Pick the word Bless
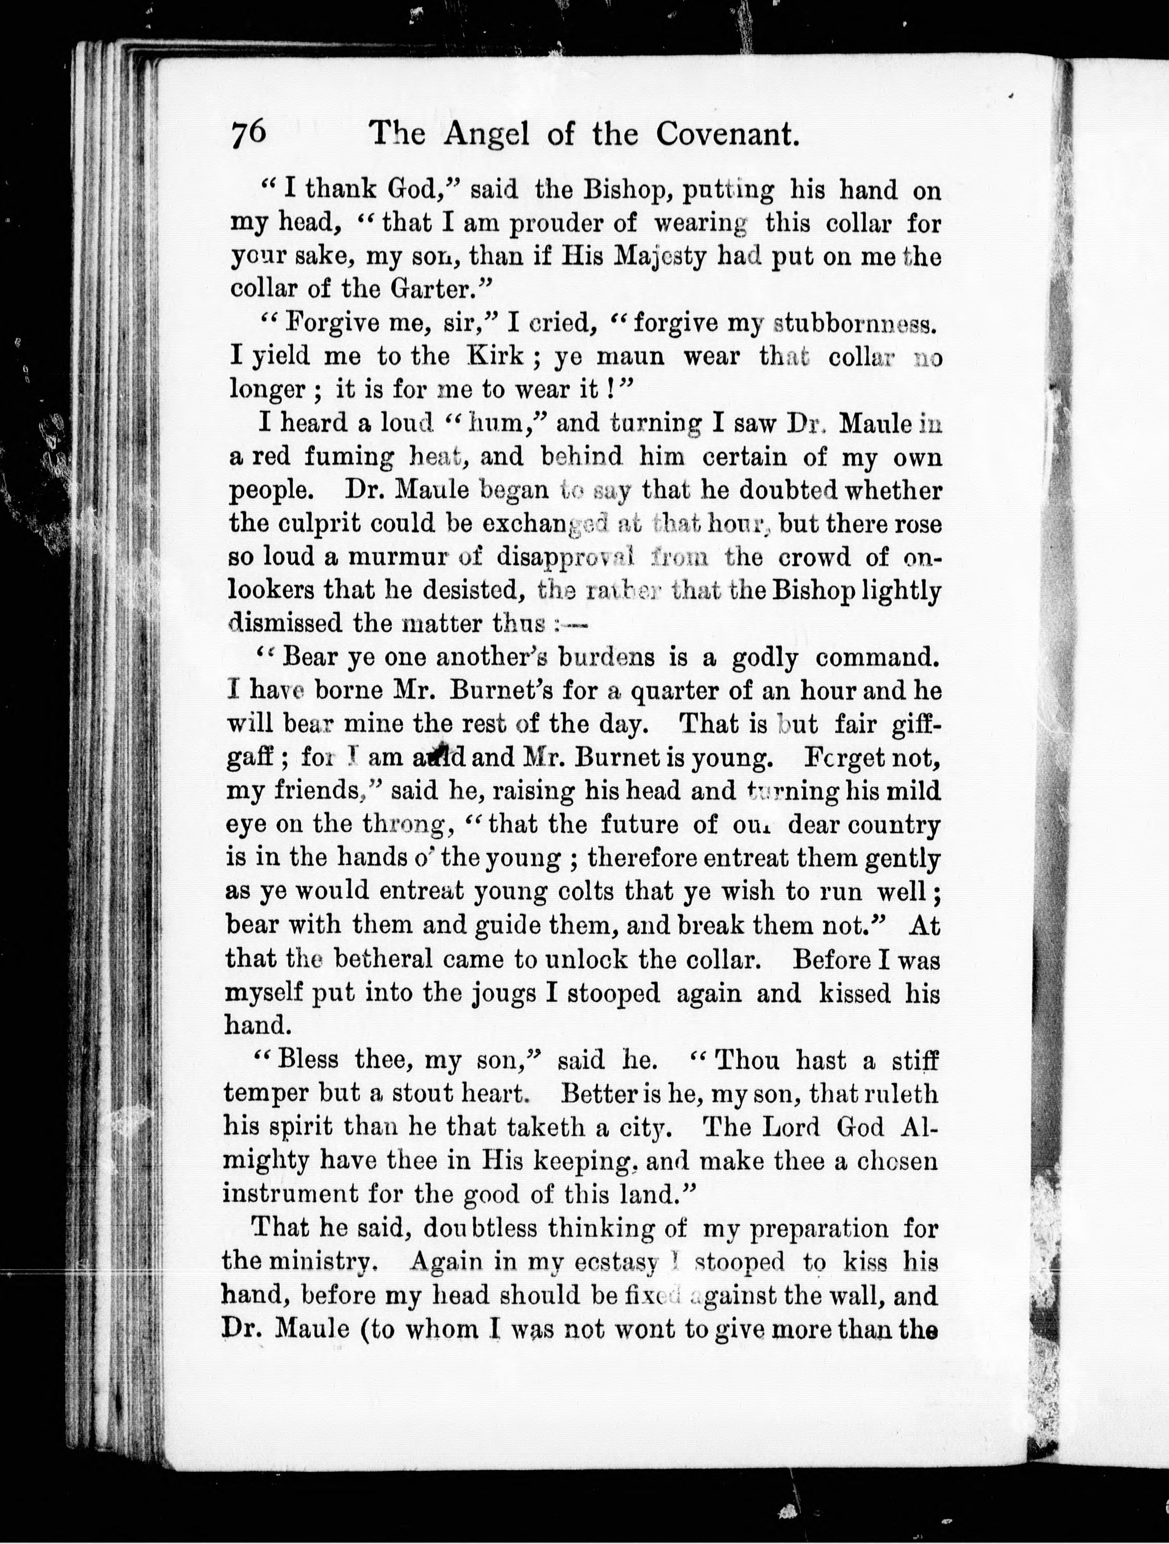point(308,1060)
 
